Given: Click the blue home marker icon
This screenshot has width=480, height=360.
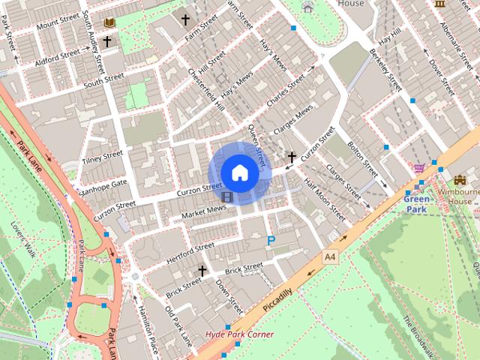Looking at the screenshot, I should tap(239, 172).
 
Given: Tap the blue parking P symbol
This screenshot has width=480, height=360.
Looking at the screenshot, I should tap(270, 241).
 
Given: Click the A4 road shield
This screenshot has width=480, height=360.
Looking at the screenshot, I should tap(330, 257).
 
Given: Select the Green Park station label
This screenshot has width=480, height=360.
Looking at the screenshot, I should tap(417, 204).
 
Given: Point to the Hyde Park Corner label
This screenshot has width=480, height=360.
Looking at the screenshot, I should tap(240, 334).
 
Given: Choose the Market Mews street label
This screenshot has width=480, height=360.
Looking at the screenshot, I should tap(203, 212).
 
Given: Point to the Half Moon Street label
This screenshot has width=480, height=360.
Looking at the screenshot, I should tap(325, 202).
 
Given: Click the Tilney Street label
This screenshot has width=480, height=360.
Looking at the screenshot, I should tap(103, 157).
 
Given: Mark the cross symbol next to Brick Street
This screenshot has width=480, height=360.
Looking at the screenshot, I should tap(201, 270).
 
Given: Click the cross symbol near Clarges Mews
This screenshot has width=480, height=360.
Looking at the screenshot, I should tap(292, 157).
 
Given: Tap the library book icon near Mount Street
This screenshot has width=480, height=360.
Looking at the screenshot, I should tap(110, 23).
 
